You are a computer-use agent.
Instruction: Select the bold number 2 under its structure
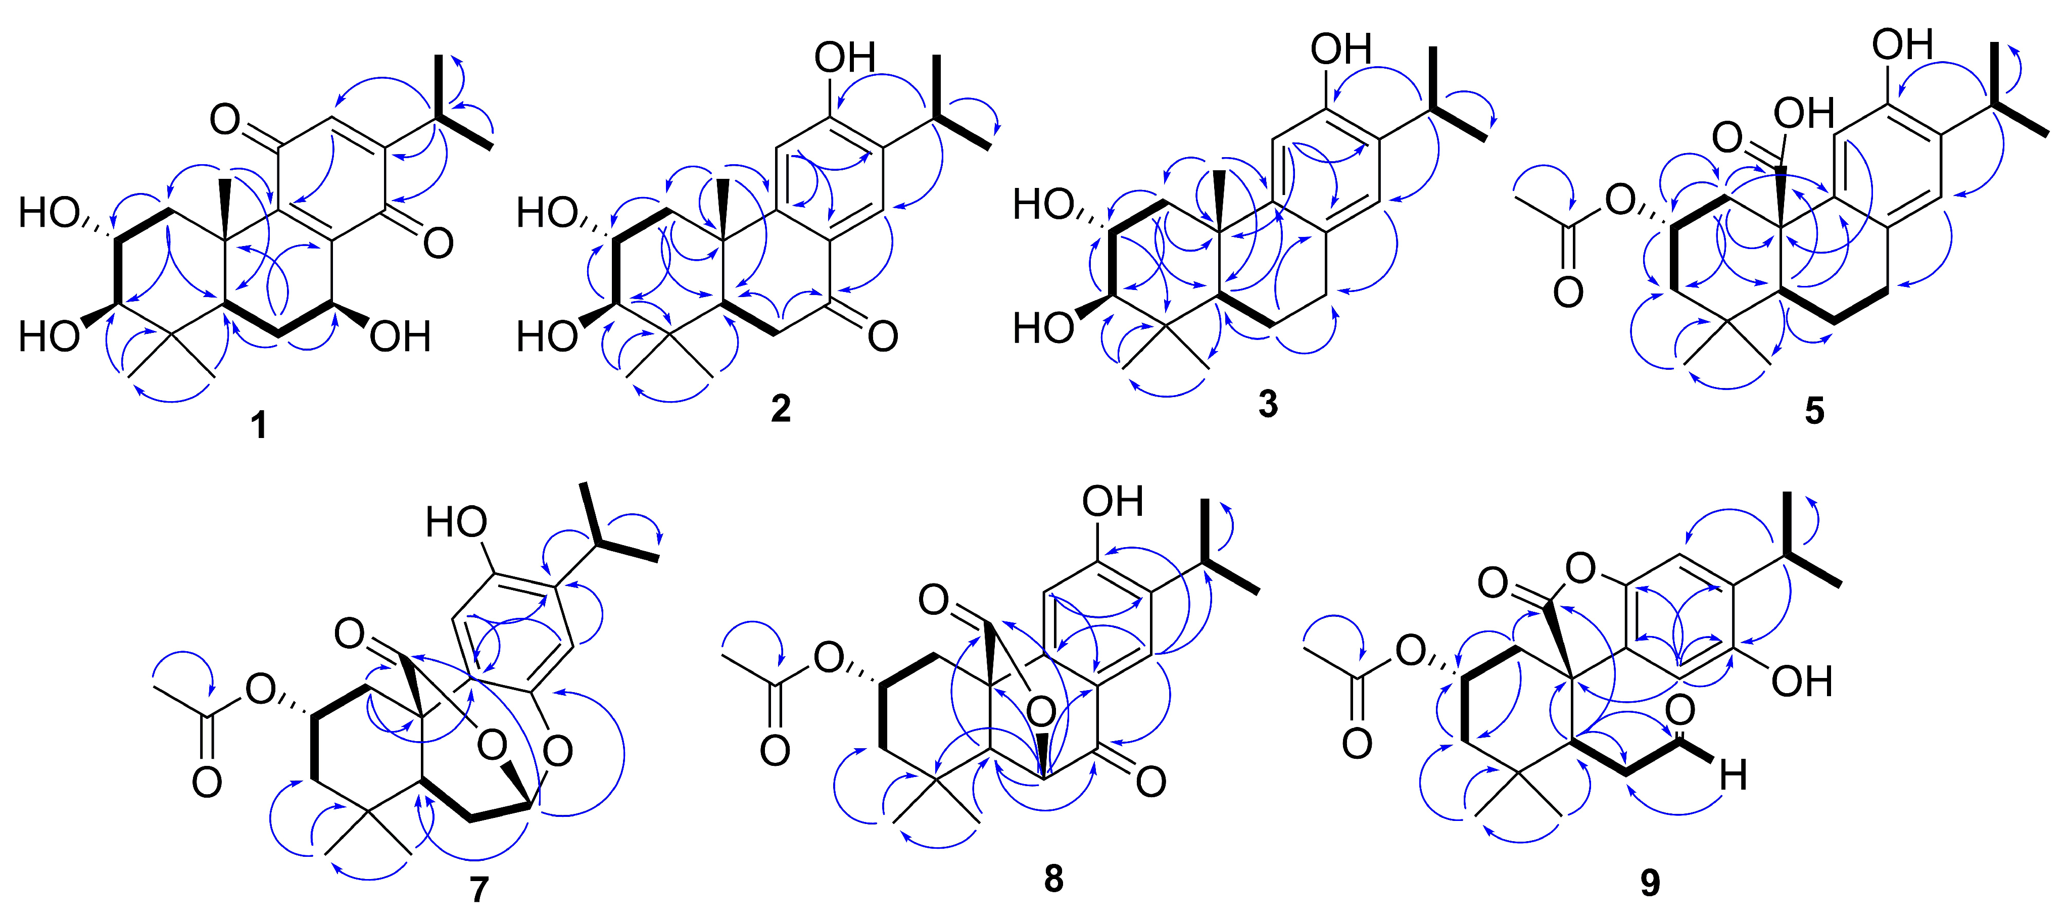pos(780,409)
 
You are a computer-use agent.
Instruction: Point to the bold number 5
pos(1814,411)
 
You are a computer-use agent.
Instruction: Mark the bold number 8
pos(1053,879)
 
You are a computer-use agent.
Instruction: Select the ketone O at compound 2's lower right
pos(883,336)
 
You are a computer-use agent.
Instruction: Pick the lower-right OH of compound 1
pos(400,337)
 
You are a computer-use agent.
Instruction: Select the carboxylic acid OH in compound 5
pos(1804,113)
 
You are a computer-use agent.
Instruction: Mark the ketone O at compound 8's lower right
pos(1150,781)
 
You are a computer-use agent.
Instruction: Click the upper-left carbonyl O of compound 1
pos(225,120)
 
